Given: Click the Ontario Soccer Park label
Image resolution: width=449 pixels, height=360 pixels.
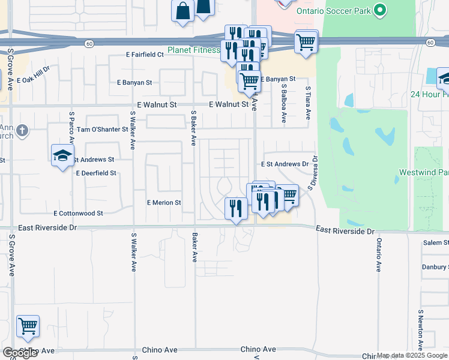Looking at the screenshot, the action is point(333,11).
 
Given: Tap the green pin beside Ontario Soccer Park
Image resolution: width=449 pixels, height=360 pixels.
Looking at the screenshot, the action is point(379,10).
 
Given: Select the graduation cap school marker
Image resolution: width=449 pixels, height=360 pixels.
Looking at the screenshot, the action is point(62,156).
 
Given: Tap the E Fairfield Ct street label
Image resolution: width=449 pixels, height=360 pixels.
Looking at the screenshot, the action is point(145,55).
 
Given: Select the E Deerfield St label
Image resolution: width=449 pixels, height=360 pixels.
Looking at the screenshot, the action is point(95,173).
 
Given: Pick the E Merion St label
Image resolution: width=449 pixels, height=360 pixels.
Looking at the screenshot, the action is point(164,203).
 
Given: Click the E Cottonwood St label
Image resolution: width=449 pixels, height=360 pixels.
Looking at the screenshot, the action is point(78,213).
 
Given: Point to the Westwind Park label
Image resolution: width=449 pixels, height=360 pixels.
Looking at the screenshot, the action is point(423,173).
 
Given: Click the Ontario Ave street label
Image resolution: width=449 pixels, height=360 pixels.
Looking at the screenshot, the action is point(379,256).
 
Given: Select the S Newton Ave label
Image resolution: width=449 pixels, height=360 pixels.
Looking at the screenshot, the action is point(421,329).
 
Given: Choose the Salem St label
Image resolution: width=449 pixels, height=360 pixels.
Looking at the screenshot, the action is point(435,242).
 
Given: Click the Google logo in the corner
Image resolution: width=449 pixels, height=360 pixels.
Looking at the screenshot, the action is point(20,353).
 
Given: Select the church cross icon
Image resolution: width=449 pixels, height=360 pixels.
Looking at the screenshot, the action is point(22,130).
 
